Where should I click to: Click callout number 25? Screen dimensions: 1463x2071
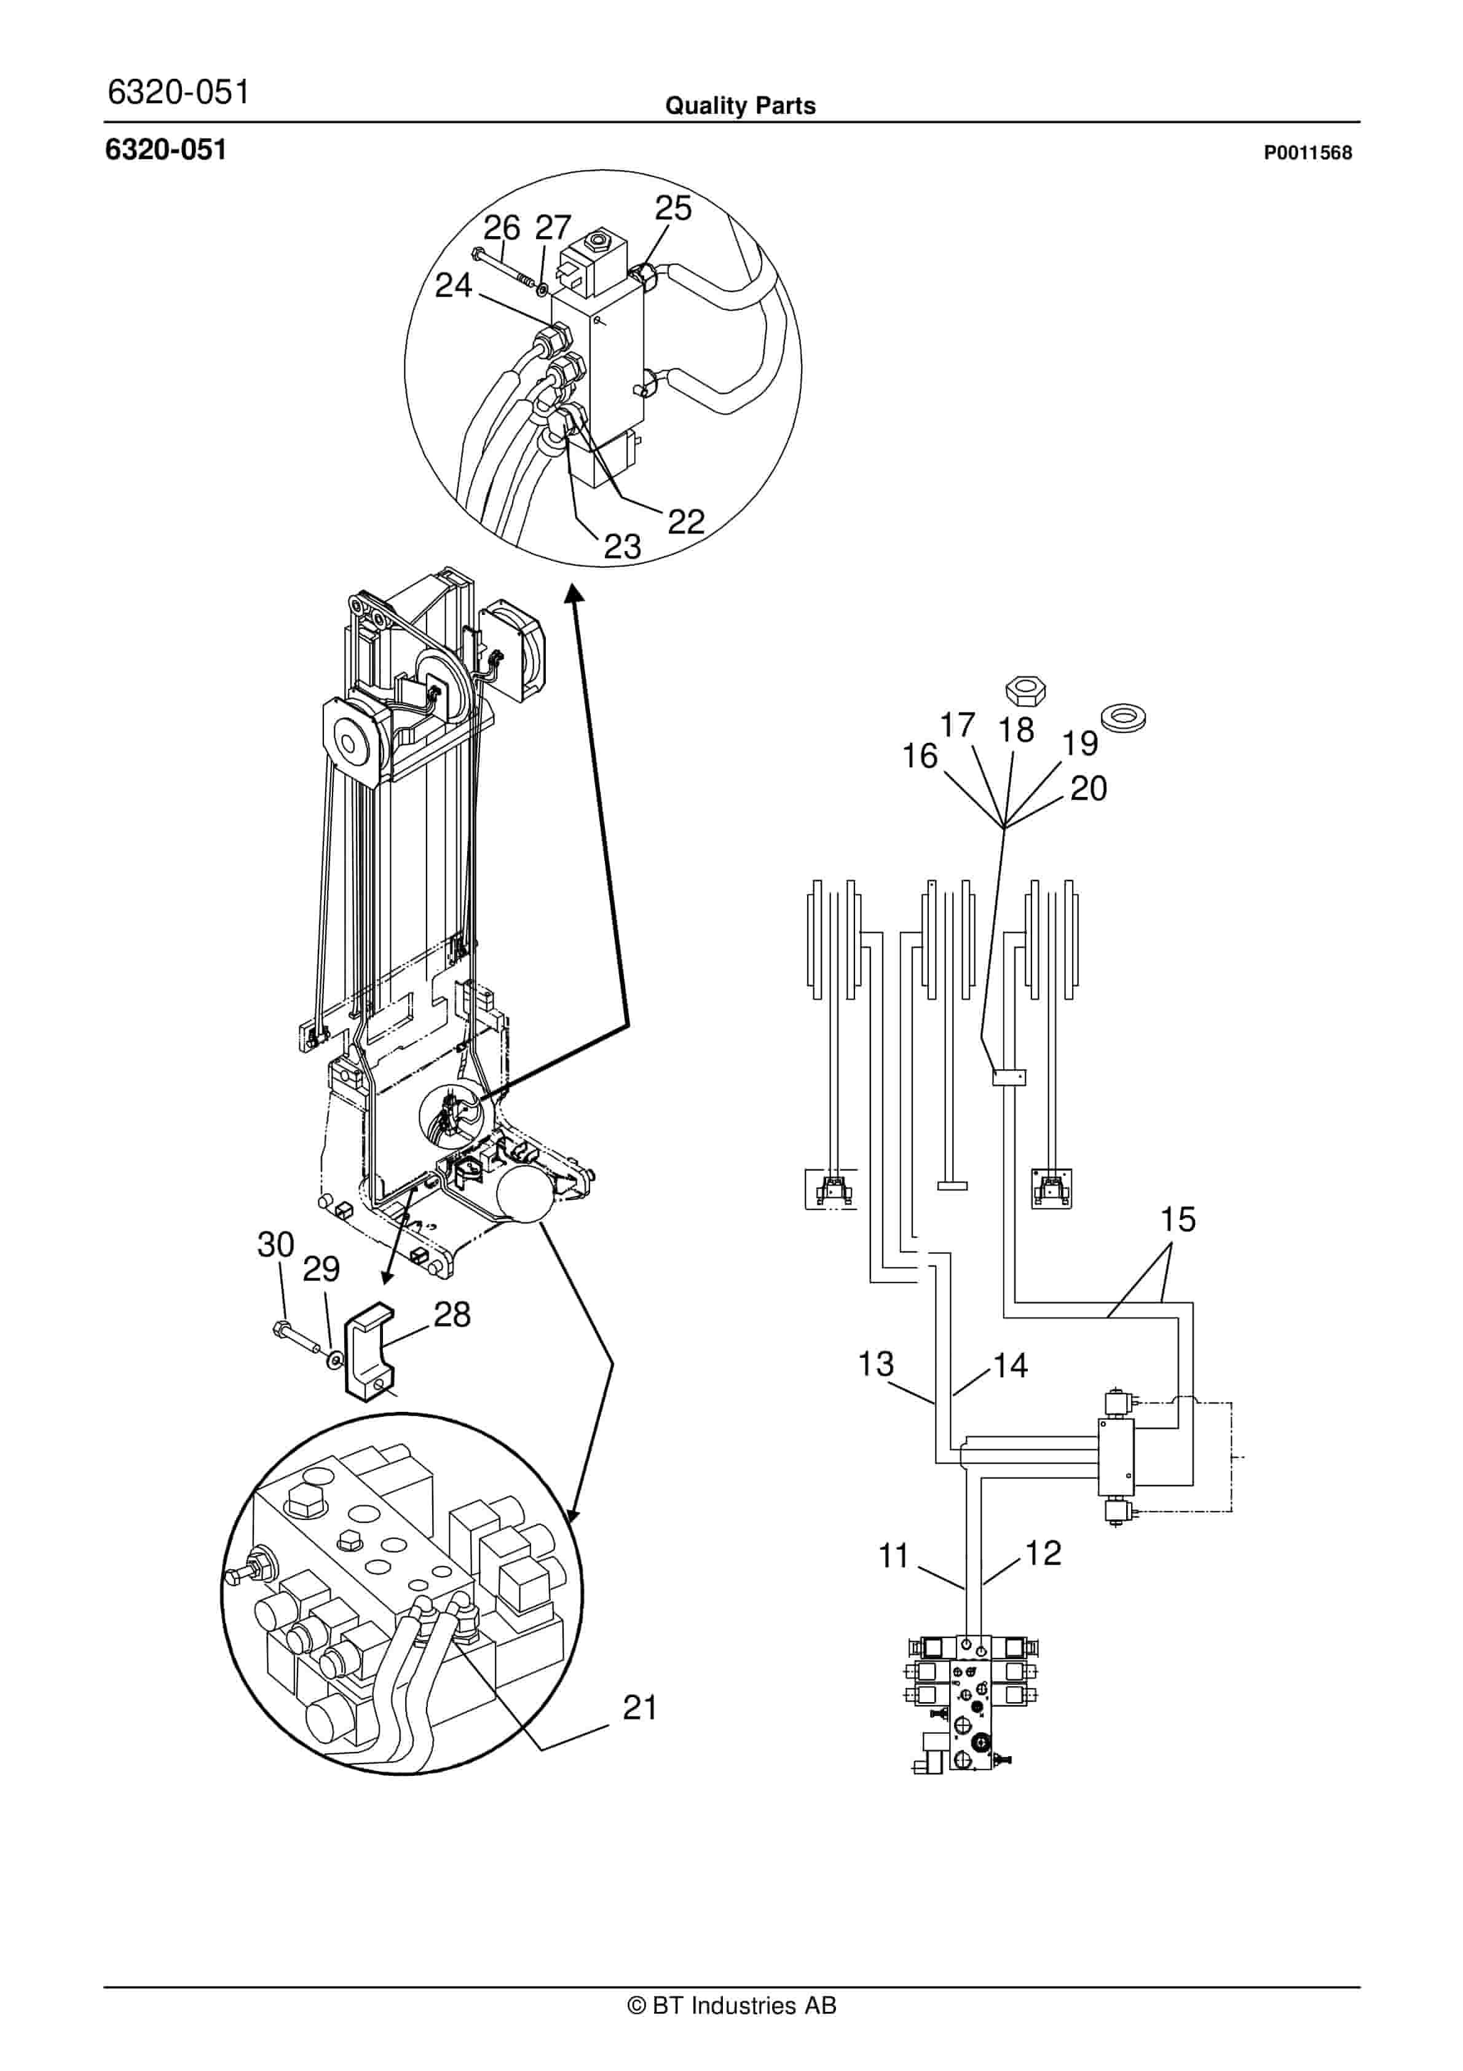click(673, 208)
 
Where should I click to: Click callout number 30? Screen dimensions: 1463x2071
click(276, 1244)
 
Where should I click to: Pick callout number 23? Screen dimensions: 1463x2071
click(621, 545)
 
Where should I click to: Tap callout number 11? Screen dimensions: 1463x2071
click(893, 1556)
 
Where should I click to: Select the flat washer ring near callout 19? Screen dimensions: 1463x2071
click(1123, 719)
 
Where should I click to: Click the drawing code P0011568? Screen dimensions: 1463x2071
click(1307, 153)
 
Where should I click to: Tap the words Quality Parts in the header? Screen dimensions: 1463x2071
click(741, 106)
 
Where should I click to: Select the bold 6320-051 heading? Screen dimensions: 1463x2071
click(166, 150)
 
